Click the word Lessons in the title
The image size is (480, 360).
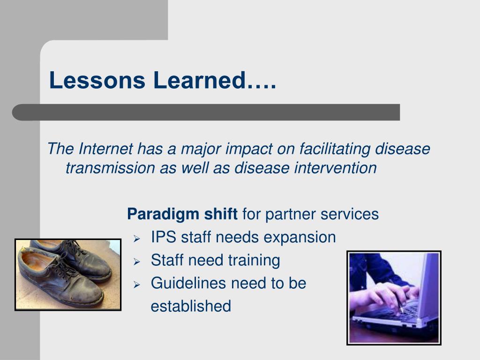[x=97, y=80]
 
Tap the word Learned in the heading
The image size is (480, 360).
[x=200, y=80]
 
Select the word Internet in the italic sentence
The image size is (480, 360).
[x=105, y=149]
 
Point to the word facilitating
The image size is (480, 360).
[x=335, y=150]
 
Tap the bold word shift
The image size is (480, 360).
[x=221, y=214]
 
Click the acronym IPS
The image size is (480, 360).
[x=164, y=237]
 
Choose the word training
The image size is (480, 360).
[x=254, y=261]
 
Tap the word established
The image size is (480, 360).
[x=191, y=306]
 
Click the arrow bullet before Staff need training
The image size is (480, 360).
[x=136, y=262]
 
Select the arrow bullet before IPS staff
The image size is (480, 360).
[x=136, y=239]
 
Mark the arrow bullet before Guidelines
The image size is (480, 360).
[x=136, y=285]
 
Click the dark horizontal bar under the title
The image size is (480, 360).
[x=206, y=112]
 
